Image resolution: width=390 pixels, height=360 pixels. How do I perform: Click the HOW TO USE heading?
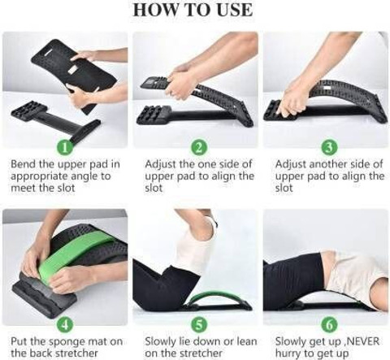pyautogui.click(x=193, y=10)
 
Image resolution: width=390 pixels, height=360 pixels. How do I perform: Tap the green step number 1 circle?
pyautogui.click(x=65, y=147)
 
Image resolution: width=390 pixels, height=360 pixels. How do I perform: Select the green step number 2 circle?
pyautogui.click(x=199, y=147)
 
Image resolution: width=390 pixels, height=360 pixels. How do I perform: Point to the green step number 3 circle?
pyautogui.click(x=329, y=147)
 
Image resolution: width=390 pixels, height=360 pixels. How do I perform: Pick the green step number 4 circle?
pyautogui.click(x=65, y=324)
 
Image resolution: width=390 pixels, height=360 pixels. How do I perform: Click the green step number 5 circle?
pyautogui.click(x=199, y=324)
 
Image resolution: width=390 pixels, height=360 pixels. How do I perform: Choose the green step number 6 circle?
pyautogui.click(x=329, y=324)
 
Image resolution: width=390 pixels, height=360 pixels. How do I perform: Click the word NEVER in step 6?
pyautogui.click(x=362, y=341)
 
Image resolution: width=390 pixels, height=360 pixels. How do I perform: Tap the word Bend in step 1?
pyautogui.click(x=23, y=164)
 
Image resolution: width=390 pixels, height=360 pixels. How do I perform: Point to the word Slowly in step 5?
pyautogui.click(x=160, y=342)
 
